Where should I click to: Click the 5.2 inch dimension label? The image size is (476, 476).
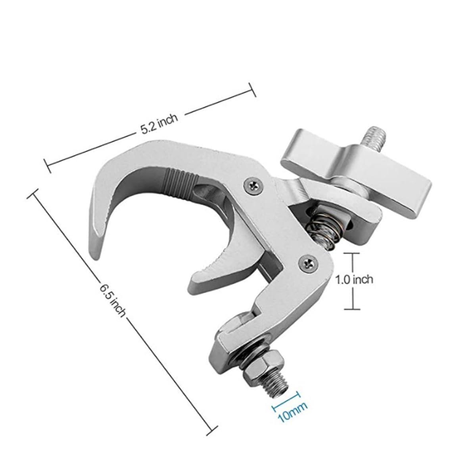click(x=159, y=124)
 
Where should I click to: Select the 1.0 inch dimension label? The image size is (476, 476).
click(x=354, y=280)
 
